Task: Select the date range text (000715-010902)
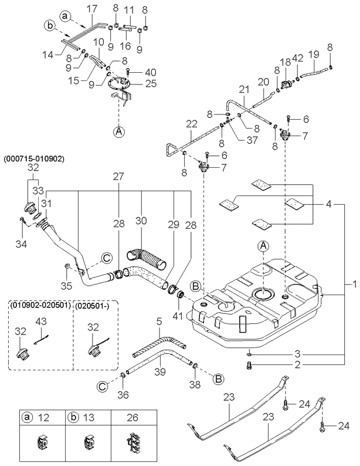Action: point(34,158)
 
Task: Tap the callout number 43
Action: point(41,322)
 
